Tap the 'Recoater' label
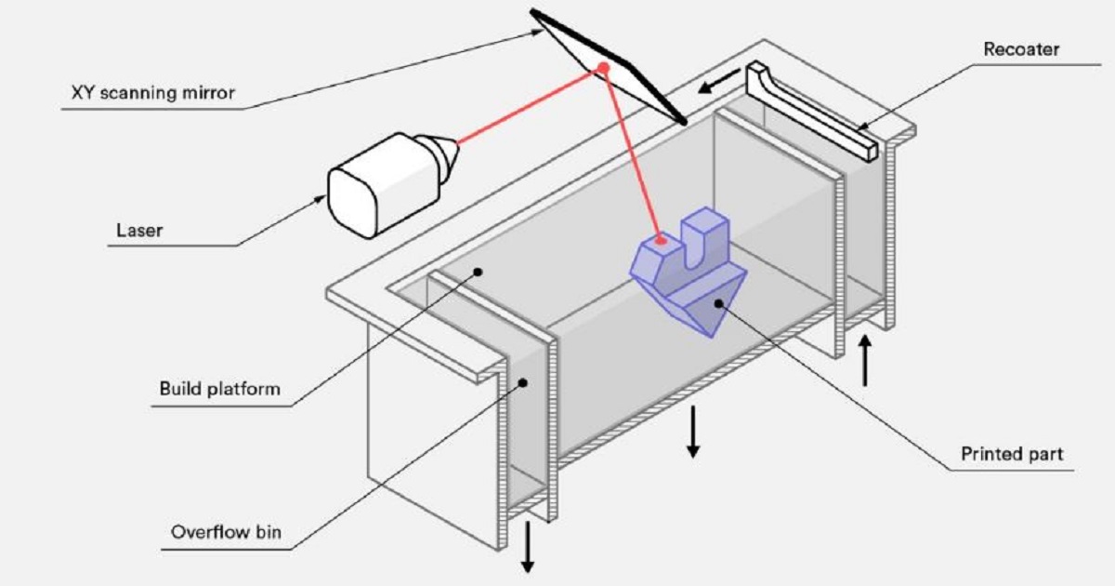1020,48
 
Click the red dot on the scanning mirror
603,67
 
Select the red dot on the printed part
661,240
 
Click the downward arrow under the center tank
692,432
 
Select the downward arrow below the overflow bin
528,549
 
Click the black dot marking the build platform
478,272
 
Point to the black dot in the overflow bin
523,381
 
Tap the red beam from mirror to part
632,153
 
